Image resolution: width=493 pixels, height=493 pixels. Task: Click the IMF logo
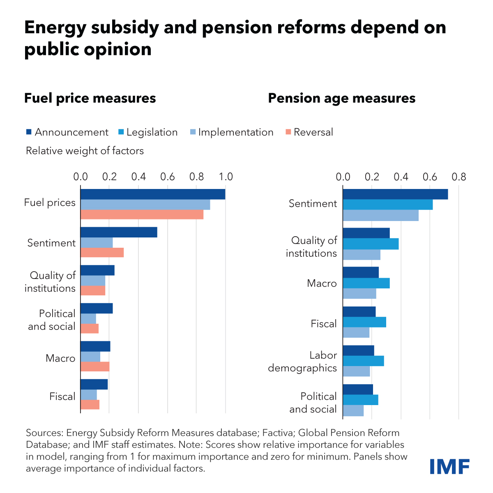click(x=449, y=466)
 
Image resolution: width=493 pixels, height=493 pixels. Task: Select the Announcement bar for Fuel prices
click(x=152, y=194)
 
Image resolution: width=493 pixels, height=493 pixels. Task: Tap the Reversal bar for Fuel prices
click(x=142, y=214)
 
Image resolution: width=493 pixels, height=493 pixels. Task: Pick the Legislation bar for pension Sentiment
click(x=387, y=205)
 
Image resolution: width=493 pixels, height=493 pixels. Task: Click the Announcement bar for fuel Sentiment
click(x=119, y=232)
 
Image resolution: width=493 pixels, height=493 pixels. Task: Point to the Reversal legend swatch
click(x=288, y=132)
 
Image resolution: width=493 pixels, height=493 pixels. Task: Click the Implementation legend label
click(x=235, y=132)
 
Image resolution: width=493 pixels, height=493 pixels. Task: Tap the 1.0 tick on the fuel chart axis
click(x=226, y=177)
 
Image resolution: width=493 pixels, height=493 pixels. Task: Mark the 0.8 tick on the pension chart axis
click(x=459, y=177)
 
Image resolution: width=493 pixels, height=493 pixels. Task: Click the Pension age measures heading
click(x=341, y=99)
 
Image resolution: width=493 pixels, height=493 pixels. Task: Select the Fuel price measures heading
click(x=90, y=99)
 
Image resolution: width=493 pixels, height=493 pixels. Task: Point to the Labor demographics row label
click(x=302, y=362)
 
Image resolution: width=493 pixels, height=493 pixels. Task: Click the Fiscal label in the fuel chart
click(x=62, y=396)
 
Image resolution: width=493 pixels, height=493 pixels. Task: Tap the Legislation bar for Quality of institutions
click(x=371, y=244)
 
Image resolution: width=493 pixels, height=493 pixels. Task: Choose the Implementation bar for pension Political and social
click(x=353, y=410)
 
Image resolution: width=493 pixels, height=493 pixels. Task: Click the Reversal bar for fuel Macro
click(x=95, y=366)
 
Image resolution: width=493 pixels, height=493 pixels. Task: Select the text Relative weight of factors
click(x=85, y=151)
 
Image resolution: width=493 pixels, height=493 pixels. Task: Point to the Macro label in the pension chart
click(x=322, y=283)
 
